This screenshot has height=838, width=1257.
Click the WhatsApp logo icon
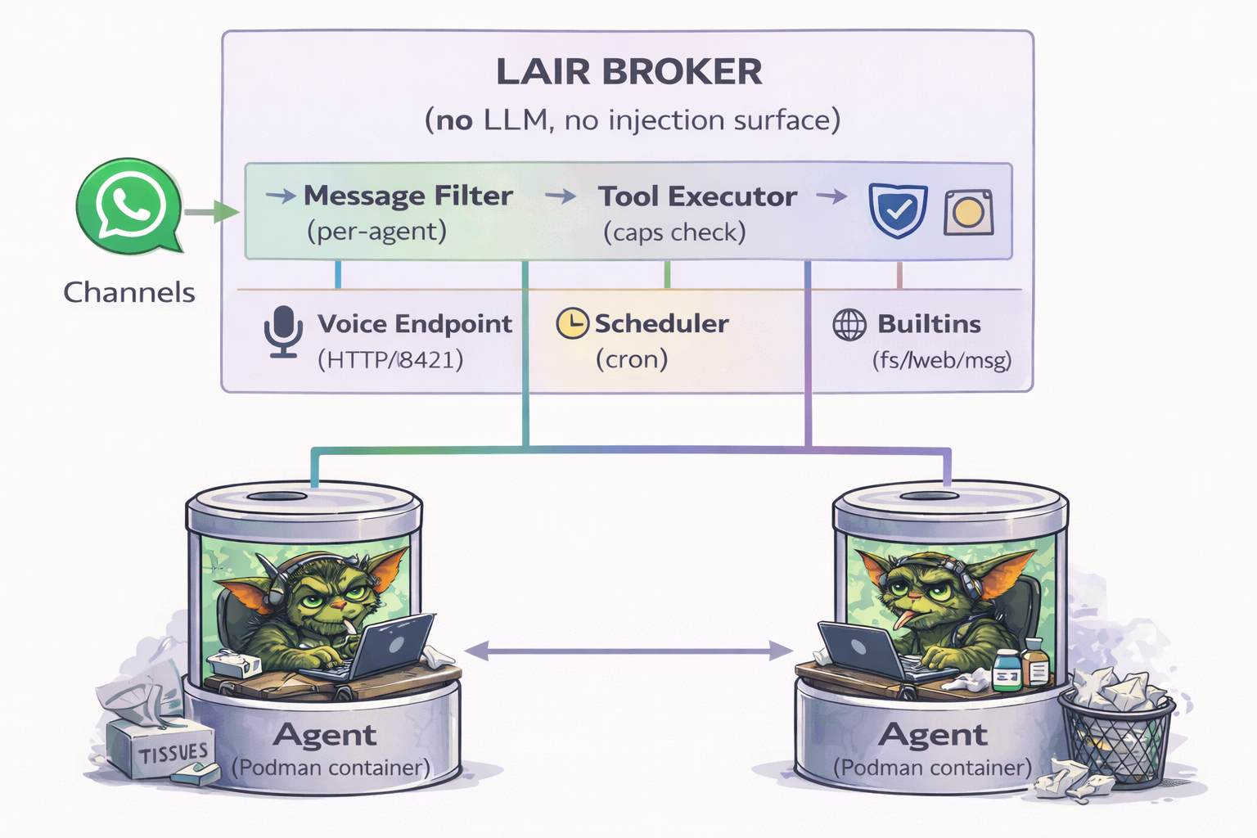[x=129, y=205]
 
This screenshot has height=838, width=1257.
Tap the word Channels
[x=129, y=292]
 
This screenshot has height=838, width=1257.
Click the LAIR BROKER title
[x=628, y=72]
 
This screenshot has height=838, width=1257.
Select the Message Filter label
[x=408, y=196]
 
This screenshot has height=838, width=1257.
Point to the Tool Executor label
[x=697, y=196]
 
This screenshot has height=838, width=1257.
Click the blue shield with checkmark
[x=898, y=210]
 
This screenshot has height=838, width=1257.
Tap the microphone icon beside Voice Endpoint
[x=283, y=331]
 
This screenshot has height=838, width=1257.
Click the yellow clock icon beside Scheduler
[x=572, y=323]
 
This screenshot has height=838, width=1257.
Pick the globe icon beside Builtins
[x=849, y=325]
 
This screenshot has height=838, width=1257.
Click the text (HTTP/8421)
[x=390, y=359]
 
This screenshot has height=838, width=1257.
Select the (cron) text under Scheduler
[x=632, y=359]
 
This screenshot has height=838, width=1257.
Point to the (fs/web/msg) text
[x=941, y=360]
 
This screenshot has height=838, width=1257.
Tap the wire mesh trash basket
[x=1117, y=737]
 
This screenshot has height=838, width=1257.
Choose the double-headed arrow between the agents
[x=628, y=651]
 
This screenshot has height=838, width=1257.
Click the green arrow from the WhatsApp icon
[x=211, y=213]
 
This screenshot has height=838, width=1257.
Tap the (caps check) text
[x=674, y=232]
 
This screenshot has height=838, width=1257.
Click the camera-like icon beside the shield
[x=968, y=213]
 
